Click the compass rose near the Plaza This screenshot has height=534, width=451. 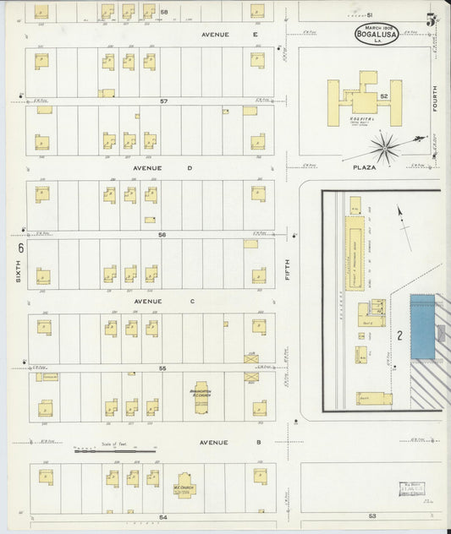[385, 147]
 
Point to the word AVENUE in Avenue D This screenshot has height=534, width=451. [147, 167]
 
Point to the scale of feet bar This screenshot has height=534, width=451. [115, 451]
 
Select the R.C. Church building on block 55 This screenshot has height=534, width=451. [201, 397]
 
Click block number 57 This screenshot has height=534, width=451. [164, 101]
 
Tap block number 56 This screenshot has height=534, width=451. [162, 235]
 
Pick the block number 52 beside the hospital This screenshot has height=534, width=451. [384, 96]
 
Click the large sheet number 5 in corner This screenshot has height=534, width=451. [431, 19]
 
